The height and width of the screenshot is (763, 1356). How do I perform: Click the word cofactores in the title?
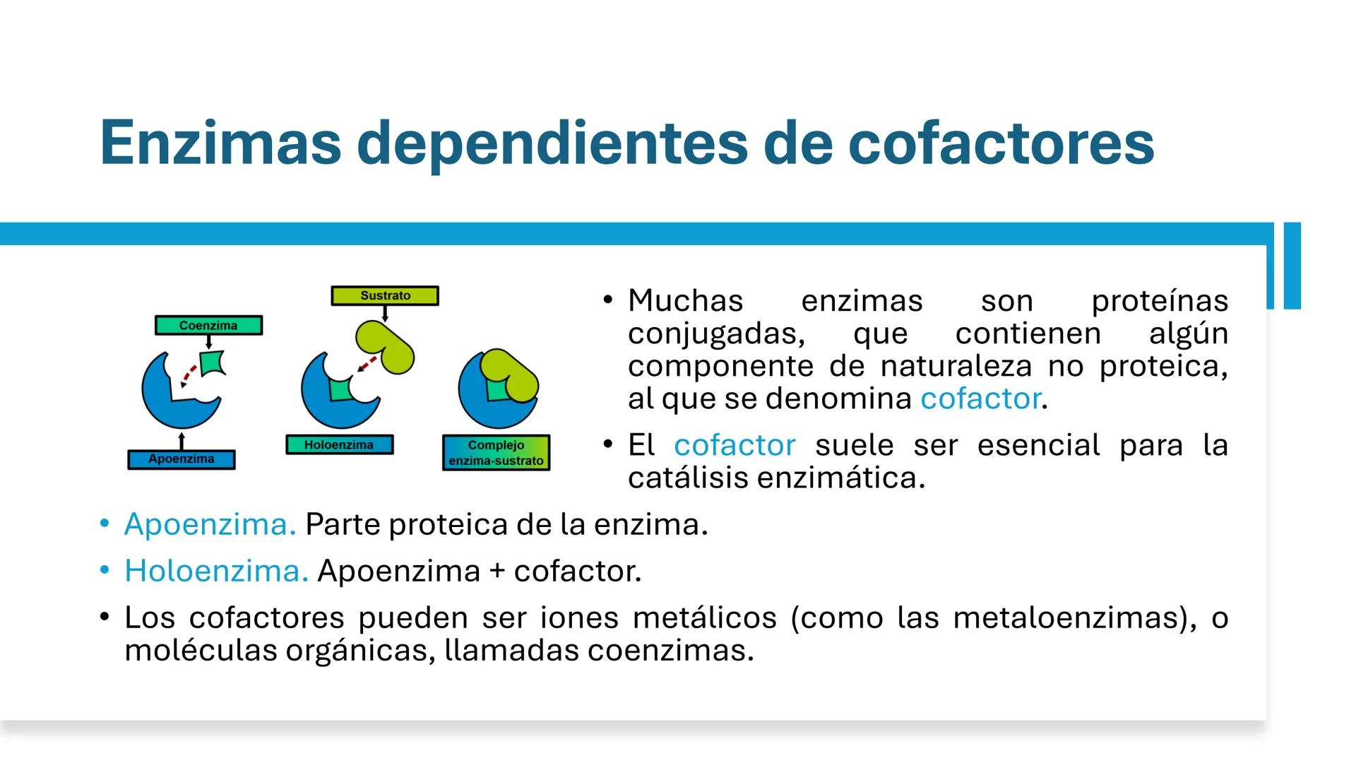pos(999,143)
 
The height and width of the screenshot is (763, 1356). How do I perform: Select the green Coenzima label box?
pos(208,326)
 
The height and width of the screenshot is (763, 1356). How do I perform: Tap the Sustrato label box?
pos(385,295)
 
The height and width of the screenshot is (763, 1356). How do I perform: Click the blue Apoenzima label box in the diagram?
pos(182,459)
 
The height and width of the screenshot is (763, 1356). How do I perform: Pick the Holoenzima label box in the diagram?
pos(339,445)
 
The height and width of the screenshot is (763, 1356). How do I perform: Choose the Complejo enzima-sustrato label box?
pos(496,453)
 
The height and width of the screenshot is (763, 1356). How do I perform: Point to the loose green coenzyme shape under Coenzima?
pos(212,363)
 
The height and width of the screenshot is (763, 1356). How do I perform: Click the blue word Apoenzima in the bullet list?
pos(210,524)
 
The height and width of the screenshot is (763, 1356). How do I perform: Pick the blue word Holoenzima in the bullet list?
pos(216,571)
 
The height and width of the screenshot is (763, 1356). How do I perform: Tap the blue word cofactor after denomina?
pos(980,399)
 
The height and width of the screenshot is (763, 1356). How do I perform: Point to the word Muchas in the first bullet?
pos(685,301)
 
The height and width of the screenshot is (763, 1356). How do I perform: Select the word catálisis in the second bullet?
pos(689,478)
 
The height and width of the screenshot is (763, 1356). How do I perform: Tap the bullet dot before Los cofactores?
pos(105,617)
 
